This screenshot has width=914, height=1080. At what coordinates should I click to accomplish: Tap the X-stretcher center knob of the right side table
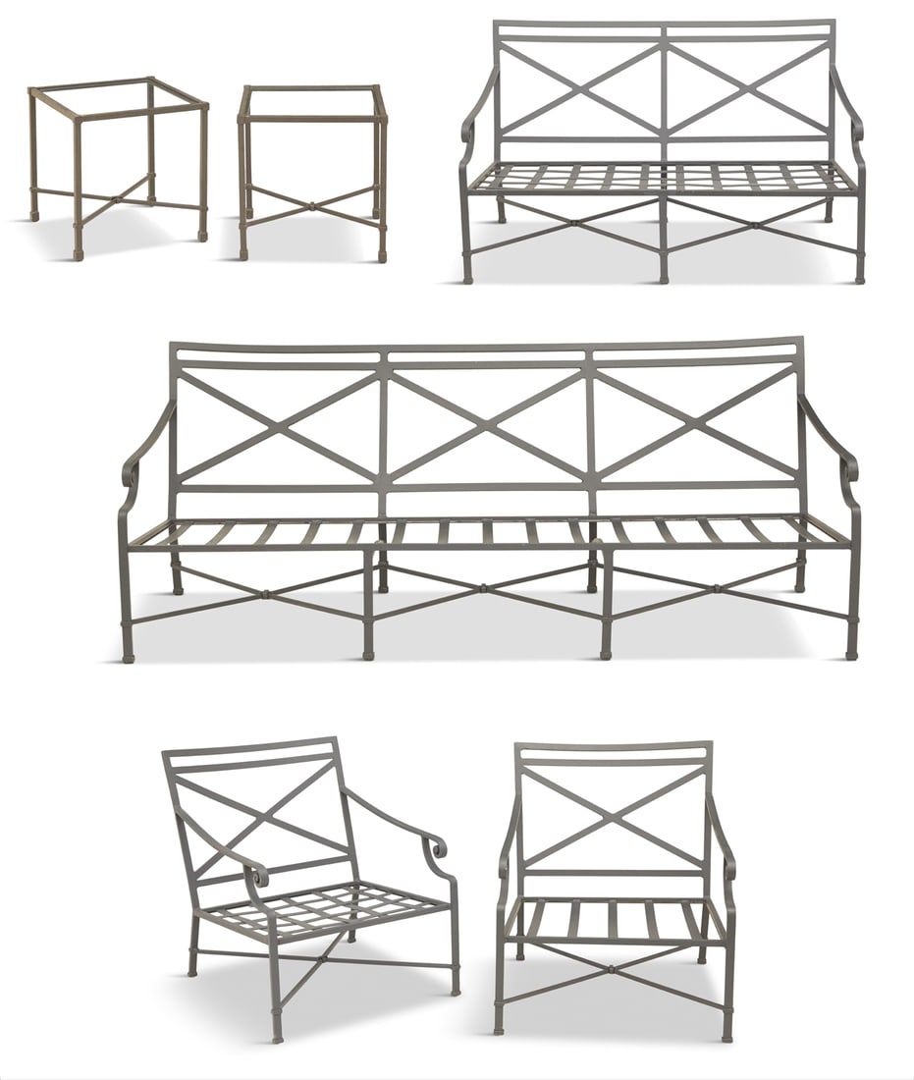pos(312,207)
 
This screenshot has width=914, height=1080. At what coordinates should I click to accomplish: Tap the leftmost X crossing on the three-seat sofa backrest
pos(279,425)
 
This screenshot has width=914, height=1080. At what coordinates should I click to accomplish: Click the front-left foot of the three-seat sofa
pos(128,653)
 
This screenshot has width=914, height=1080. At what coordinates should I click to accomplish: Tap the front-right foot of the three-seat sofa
pos(851,650)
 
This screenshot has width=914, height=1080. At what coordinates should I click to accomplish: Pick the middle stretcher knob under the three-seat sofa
pos(483,589)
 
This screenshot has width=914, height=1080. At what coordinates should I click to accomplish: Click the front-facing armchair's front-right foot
pos(727,1035)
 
